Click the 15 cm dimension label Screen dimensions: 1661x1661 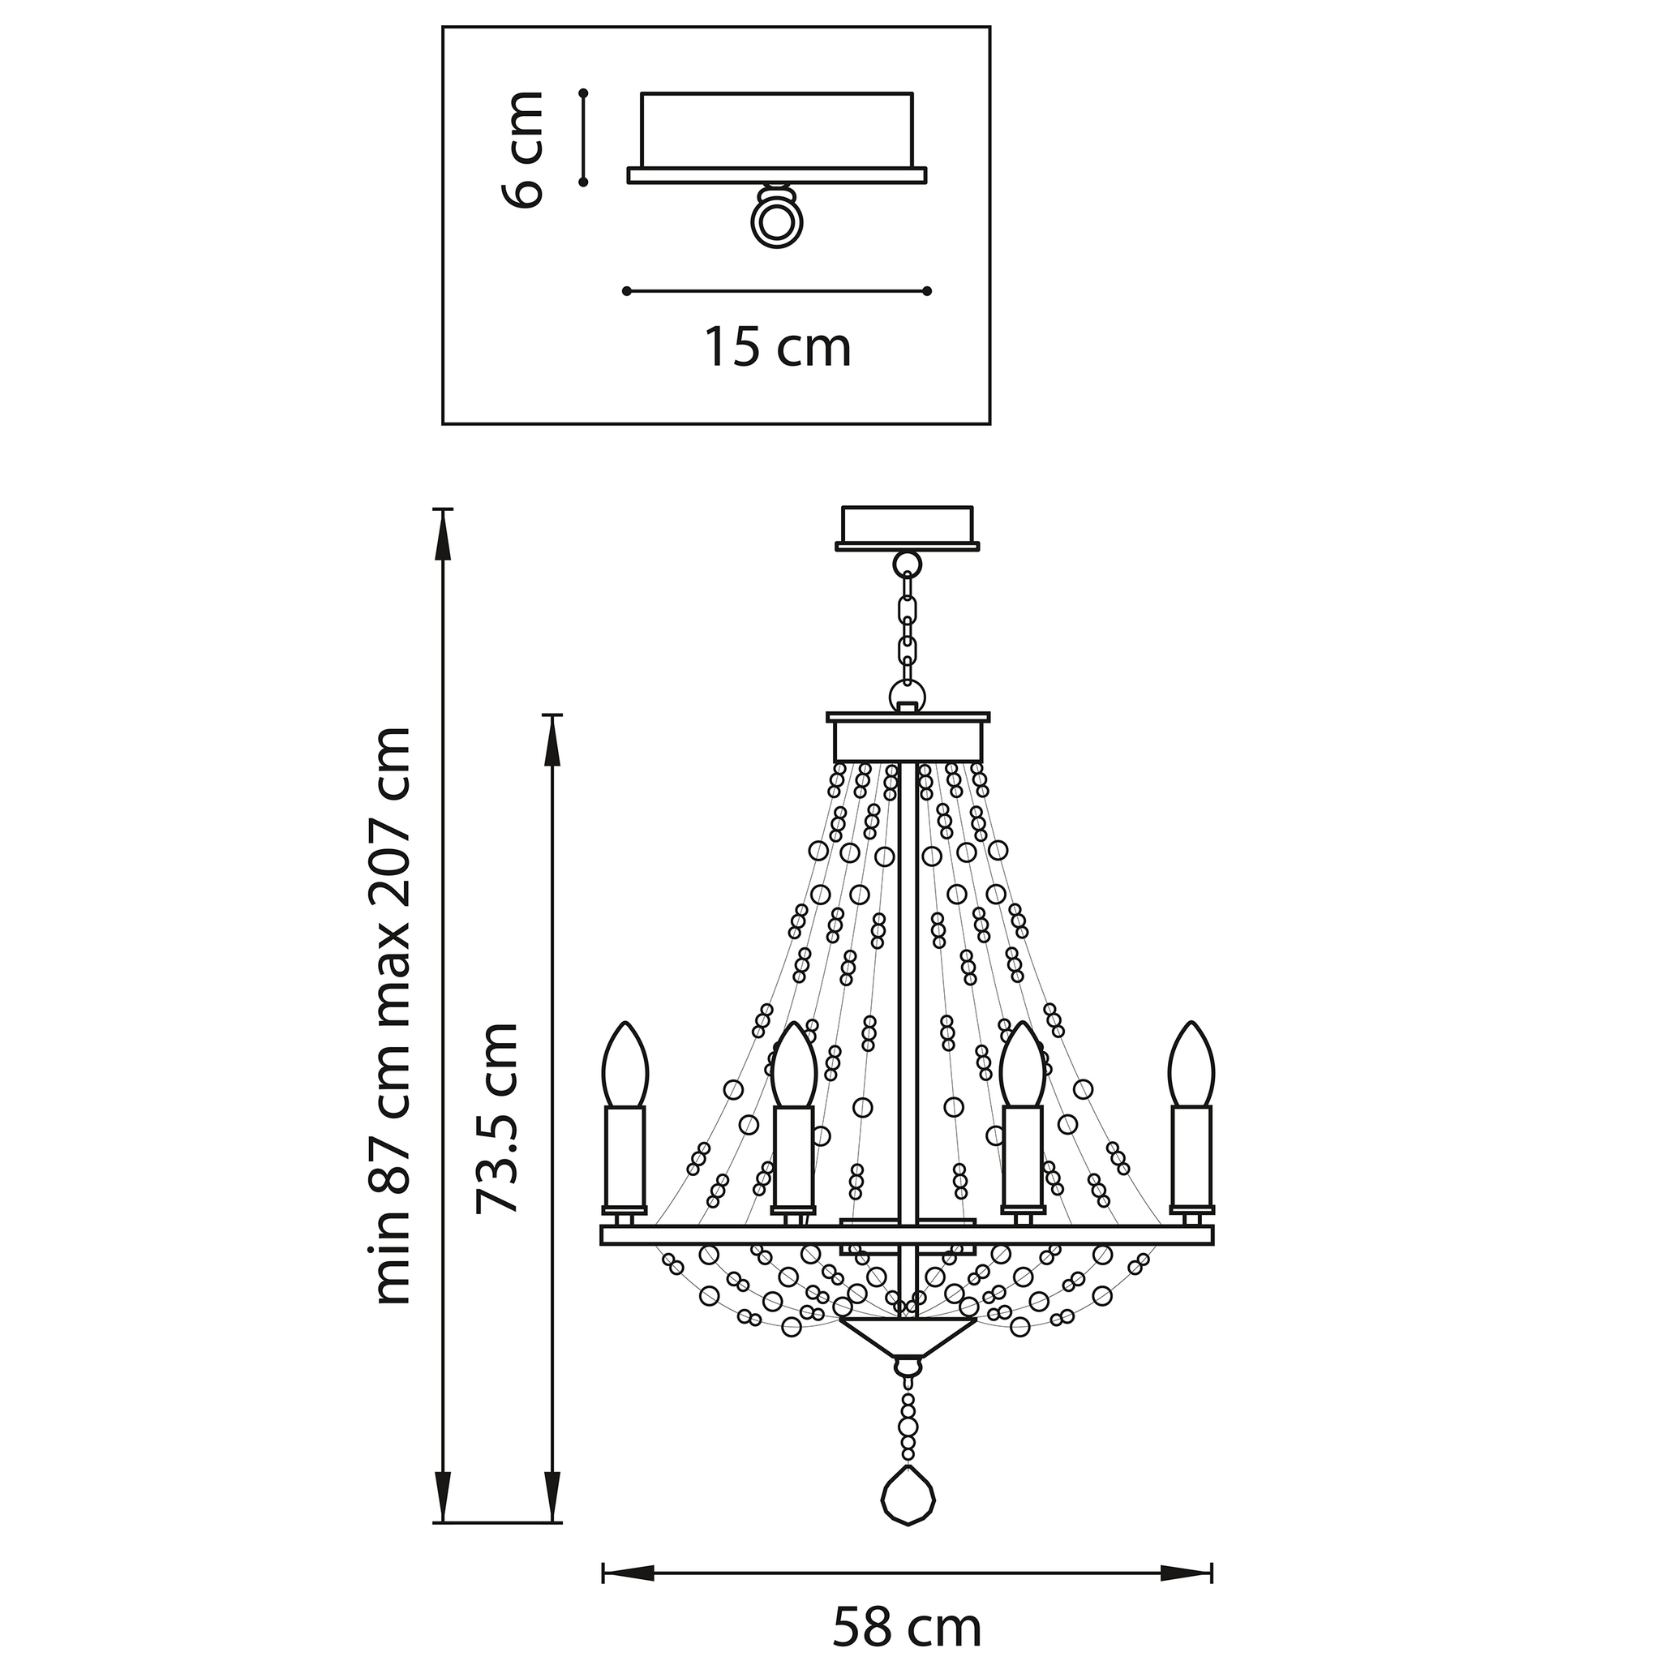(x=778, y=346)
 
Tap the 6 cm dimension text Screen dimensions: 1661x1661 (x=521, y=148)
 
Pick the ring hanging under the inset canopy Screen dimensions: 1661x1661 (x=778, y=220)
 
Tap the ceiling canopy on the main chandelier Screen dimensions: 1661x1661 (x=907, y=527)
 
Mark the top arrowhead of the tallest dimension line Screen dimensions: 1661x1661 (x=443, y=535)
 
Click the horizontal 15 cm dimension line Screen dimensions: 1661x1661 (x=777, y=291)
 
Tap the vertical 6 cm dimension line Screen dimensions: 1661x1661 (x=583, y=137)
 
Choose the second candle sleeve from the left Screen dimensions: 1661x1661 (x=792, y=1157)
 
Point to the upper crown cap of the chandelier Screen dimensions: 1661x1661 (x=908, y=736)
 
